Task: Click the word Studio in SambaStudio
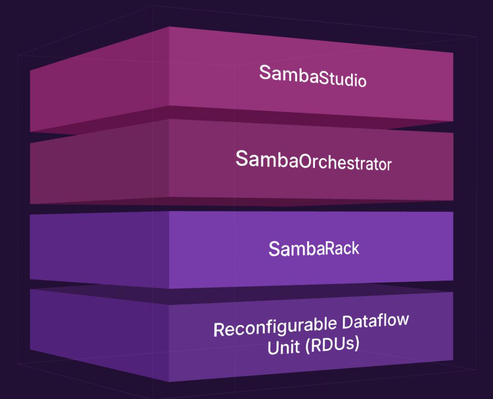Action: pyautogui.click(x=342, y=79)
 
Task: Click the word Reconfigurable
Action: pyautogui.click(x=271, y=326)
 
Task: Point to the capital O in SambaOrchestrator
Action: pyautogui.click(x=307, y=162)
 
